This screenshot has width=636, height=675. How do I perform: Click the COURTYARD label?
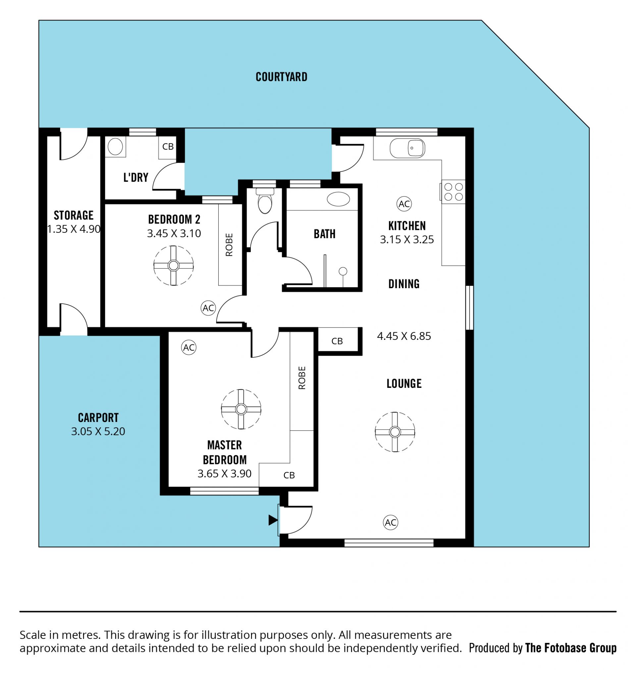tap(281, 77)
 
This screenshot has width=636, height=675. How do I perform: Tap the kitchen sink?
tap(407, 148)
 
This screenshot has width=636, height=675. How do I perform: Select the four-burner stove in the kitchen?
tap(453, 192)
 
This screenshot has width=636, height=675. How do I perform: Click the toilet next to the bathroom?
tap(265, 201)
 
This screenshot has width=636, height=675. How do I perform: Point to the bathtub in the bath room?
tap(338, 199)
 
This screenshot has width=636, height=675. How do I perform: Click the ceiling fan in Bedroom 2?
tap(174, 266)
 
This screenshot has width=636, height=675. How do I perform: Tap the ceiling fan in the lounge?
tap(395, 432)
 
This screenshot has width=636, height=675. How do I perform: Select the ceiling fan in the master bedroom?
tap(241, 409)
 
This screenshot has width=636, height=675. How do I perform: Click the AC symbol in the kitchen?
tap(404, 204)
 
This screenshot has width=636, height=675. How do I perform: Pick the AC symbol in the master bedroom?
tap(189, 347)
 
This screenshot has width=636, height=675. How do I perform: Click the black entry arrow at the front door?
tap(273, 520)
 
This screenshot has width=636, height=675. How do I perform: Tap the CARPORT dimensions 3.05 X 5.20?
tap(98, 431)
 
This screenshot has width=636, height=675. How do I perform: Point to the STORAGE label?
tap(74, 215)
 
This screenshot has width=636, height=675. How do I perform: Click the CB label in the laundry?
tap(168, 147)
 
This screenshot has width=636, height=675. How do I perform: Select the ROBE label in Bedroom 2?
tap(229, 244)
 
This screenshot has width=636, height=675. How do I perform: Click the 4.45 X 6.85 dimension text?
tap(404, 336)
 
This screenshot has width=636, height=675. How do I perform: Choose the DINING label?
tap(404, 284)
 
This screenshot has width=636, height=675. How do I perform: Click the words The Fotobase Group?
tap(570, 648)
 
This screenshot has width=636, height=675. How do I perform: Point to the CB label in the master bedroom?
tap(289, 475)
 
